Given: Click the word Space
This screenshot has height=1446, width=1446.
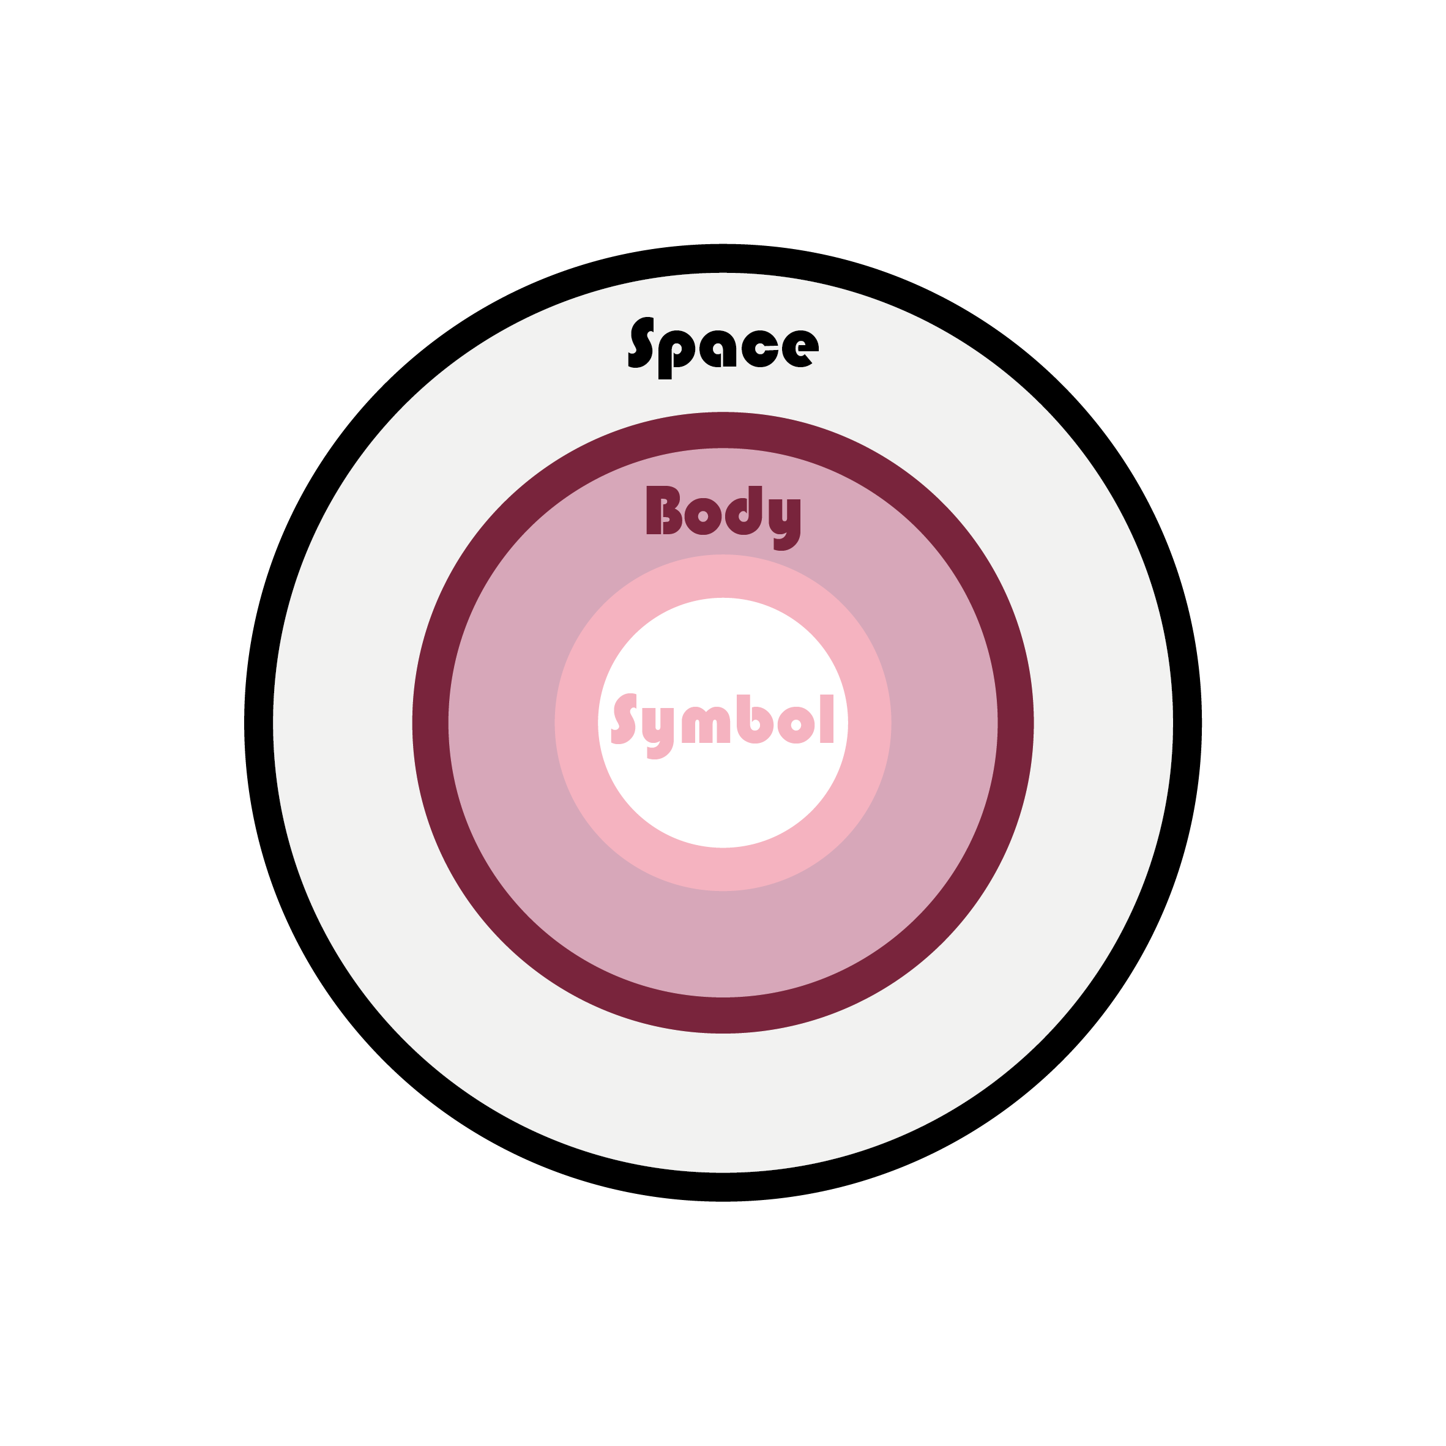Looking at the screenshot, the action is [723, 348].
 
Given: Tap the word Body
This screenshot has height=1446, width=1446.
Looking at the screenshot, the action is [723, 518].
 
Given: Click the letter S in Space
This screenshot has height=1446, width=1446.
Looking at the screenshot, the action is [641, 342].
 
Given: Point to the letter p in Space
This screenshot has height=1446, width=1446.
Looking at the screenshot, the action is [677, 355].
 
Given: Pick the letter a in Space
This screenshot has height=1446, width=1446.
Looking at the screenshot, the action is [718, 349].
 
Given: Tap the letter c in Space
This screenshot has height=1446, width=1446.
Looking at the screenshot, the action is [759, 349].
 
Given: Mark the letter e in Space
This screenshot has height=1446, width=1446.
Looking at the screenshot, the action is [800, 349].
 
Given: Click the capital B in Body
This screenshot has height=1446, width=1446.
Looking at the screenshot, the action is [664, 510].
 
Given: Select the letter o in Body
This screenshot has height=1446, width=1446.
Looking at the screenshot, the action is [703, 516].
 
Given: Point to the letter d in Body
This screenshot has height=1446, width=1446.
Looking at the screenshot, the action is [743, 510].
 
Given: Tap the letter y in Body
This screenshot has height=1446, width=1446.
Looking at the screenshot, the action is [784, 524].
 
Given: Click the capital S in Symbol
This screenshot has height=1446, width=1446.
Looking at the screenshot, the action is [624, 718].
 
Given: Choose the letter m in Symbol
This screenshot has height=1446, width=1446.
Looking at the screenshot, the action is [706, 725].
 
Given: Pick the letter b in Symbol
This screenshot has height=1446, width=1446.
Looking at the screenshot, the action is [755, 719].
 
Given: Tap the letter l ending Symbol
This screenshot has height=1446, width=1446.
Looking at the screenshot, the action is [827, 718].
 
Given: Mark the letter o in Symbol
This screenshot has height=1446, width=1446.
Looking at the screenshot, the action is [796, 725].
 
